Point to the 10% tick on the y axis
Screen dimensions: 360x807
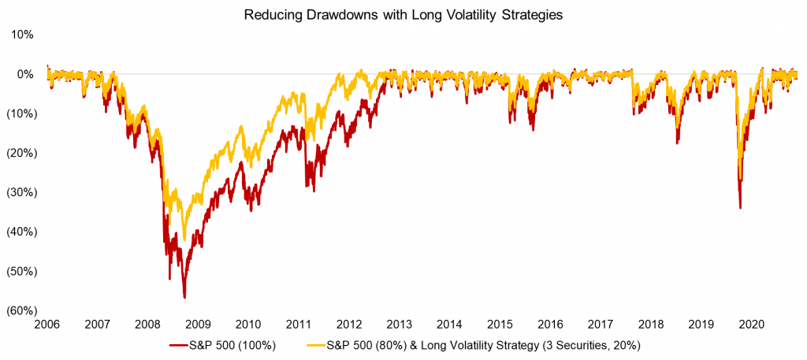pos(23,35)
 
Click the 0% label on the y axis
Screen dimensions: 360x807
pos(26,74)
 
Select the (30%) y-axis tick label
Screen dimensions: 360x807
pos(20,192)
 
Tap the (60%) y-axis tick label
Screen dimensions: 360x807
pos(20,310)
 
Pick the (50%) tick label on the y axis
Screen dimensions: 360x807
pos(20,271)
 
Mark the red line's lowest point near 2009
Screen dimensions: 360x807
pos(184,297)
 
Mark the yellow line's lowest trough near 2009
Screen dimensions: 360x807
pos(184,239)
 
